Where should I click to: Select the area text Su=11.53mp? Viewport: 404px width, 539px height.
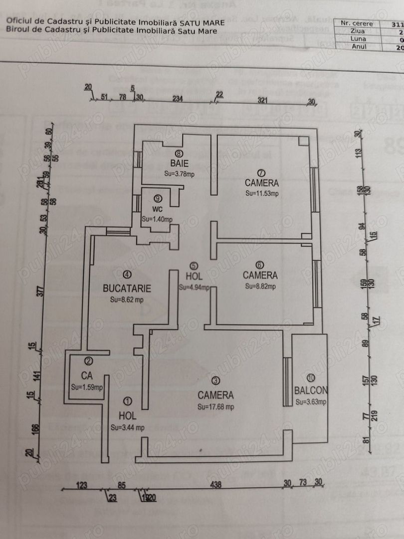tap(261, 193)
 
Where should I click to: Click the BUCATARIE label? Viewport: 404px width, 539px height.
tap(127, 288)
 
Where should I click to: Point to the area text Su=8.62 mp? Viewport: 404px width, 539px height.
tap(127, 300)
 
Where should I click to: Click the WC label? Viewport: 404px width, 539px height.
tap(158, 209)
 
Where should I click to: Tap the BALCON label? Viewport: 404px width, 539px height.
tap(310, 390)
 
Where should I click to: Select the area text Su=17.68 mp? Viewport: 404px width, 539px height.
tap(215, 406)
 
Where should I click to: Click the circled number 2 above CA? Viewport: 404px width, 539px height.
tap(88, 362)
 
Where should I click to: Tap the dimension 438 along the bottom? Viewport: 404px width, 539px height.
tap(215, 484)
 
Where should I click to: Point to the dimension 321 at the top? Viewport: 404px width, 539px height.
tap(263, 100)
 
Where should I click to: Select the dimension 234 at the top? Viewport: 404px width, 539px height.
tap(178, 99)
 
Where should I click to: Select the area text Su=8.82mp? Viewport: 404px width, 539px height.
tap(260, 286)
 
